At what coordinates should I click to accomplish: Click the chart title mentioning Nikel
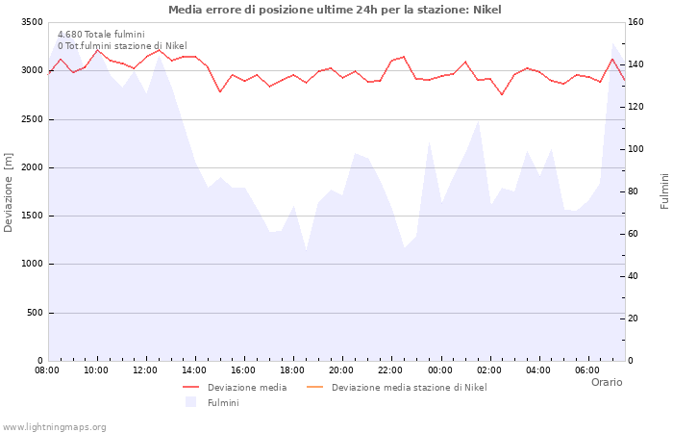tap(335, 10)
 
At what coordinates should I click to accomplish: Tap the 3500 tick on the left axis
tap(31, 22)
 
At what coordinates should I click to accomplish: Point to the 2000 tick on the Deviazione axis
tap(31, 167)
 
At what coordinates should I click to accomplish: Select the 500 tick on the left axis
tap(34, 313)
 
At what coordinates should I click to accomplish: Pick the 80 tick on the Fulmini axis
tap(636, 191)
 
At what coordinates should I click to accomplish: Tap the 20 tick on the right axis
tap(636, 318)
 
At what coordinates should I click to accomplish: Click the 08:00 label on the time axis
tap(47, 369)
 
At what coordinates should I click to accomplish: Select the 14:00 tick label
tap(194, 369)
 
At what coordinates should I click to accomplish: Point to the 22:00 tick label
tap(390, 369)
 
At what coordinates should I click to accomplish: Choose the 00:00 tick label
tap(439, 369)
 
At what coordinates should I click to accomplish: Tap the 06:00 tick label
tap(586, 369)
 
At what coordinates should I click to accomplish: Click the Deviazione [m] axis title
tap(10, 191)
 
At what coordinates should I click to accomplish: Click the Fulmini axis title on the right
tap(663, 191)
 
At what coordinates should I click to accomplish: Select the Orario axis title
tap(606, 382)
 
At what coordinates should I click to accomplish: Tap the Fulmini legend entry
tap(222, 402)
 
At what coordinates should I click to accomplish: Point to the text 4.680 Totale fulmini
tap(101, 35)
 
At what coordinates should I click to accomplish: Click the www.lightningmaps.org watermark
tap(55, 427)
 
